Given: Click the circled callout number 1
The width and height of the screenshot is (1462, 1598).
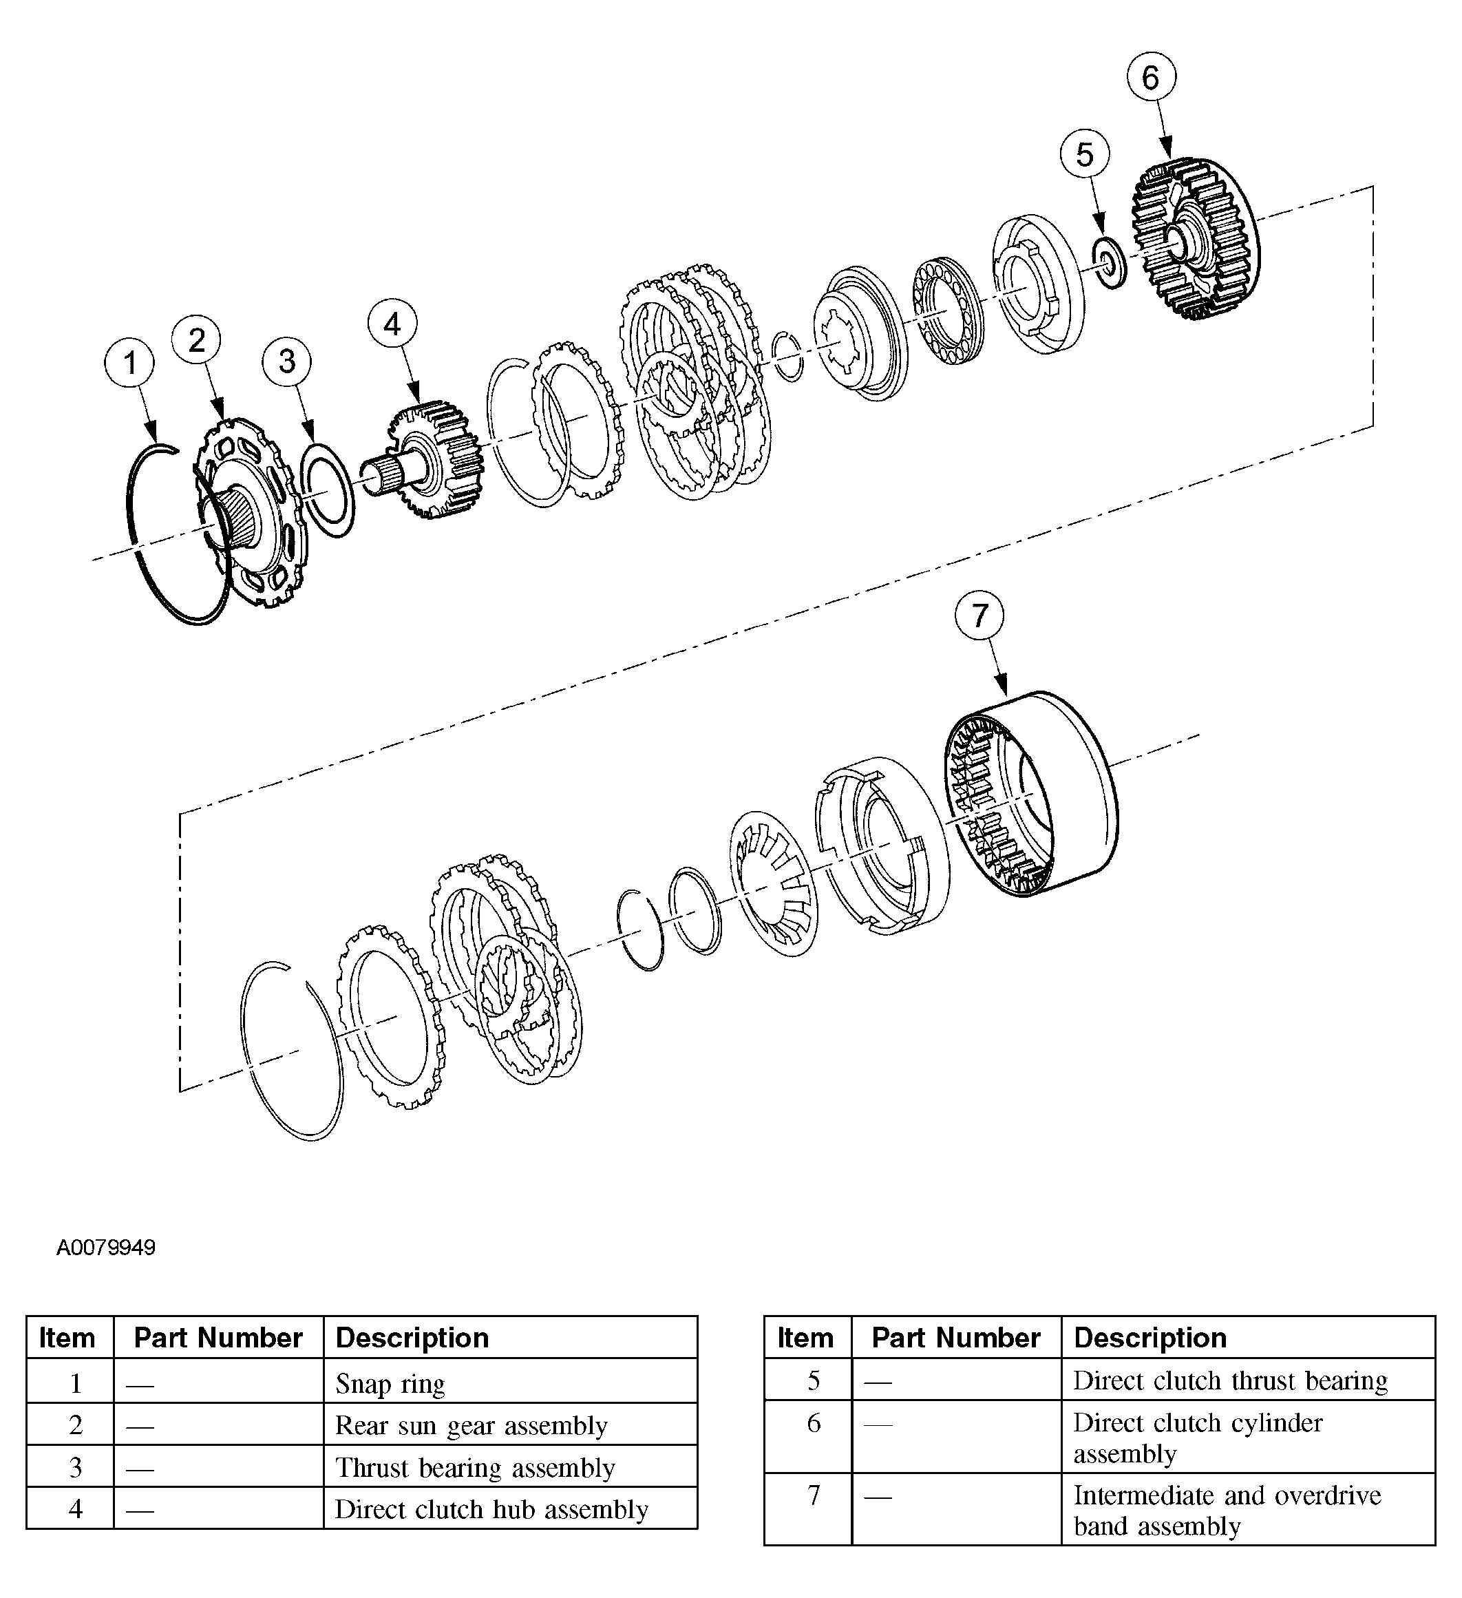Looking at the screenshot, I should tap(130, 363).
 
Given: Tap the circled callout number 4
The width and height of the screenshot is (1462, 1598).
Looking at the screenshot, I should tap(392, 324).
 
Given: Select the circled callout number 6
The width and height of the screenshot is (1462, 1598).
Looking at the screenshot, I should tap(1151, 77).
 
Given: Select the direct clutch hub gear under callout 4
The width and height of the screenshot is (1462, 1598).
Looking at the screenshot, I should tap(437, 460).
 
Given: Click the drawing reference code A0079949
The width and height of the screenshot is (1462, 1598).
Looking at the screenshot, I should tap(106, 1248).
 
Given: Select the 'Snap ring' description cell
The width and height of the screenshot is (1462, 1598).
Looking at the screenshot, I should tap(509, 1383).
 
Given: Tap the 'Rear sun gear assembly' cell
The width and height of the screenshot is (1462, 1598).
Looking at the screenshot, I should tap(509, 1425).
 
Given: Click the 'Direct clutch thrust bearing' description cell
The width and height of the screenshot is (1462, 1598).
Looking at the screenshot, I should tap(1247, 1380).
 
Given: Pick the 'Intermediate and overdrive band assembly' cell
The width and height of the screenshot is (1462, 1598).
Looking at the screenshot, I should tap(1247, 1510).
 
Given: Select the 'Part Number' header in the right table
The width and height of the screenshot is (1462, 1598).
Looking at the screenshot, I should tap(955, 1338).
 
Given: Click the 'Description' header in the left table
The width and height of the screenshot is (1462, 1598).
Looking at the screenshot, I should tap(509, 1338).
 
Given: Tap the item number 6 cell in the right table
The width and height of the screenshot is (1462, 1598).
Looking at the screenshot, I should tap(814, 1423).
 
